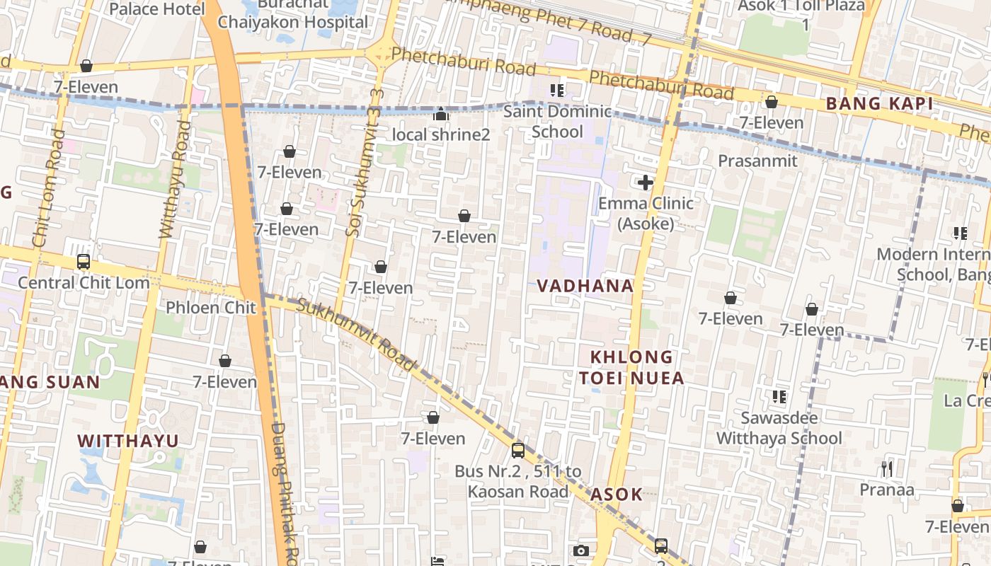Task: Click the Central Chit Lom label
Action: (x=84, y=282)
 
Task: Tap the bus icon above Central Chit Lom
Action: (x=84, y=262)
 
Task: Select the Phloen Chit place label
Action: (x=210, y=308)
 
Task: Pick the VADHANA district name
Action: (x=585, y=286)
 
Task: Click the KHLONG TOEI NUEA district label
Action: (x=631, y=367)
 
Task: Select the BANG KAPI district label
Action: (x=878, y=104)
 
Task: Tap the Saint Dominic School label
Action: (x=557, y=122)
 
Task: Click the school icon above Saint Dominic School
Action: (x=557, y=91)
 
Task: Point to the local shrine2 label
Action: (x=441, y=134)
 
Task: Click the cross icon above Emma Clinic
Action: (x=645, y=183)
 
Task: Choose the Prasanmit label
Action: (x=757, y=161)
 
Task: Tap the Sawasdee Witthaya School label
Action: (x=779, y=428)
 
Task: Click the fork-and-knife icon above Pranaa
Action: (x=886, y=468)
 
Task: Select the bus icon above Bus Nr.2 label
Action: (x=518, y=450)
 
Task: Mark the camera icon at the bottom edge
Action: (x=580, y=550)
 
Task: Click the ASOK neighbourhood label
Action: (x=616, y=494)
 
